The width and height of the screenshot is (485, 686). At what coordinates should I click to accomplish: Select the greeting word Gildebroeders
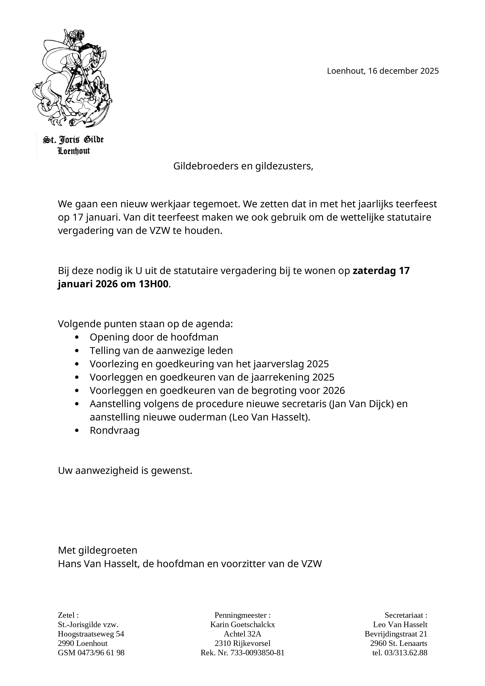tap(206, 166)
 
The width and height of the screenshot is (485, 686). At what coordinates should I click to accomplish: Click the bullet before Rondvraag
tap(77, 431)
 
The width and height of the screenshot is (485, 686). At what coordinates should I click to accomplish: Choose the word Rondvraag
tap(115, 431)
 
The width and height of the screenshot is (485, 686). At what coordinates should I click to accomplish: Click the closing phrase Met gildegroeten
tap(98, 550)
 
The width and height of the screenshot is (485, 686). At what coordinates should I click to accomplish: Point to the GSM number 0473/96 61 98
tap(101, 653)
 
